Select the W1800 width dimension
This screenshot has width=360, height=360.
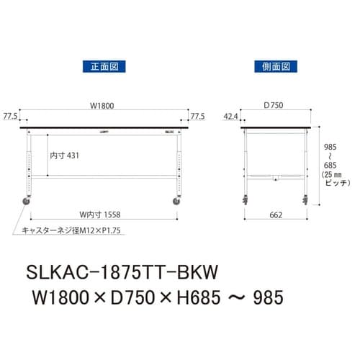[x=102, y=106]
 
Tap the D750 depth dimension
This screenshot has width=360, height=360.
[x=274, y=106]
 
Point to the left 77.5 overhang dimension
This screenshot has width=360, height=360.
[x=10, y=115]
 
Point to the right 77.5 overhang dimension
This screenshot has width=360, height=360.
[x=198, y=115]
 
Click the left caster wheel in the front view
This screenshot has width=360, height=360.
[x=30, y=202]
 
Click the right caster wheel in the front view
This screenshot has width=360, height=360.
[x=176, y=202]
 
